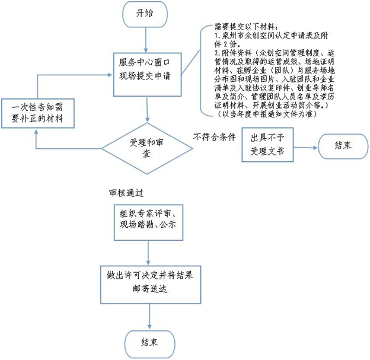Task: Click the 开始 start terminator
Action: tap(145, 14)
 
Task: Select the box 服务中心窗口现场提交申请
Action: tap(147, 74)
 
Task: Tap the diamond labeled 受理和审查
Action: tap(147, 148)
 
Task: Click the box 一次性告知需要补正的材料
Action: tap(38, 113)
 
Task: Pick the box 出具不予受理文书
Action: tap(267, 145)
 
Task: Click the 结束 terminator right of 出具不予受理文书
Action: tap(343, 146)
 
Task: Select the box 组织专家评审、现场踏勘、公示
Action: tap(148, 222)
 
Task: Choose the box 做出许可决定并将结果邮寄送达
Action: tap(151, 285)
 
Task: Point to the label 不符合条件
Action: tap(215, 137)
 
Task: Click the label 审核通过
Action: tap(126, 193)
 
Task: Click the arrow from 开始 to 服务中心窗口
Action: tap(146, 40)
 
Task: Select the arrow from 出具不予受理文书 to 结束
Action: tap(306, 148)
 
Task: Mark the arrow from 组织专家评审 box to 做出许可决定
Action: tap(148, 253)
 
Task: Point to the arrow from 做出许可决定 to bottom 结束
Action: tap(149, 316)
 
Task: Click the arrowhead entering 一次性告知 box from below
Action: tap(36, 131)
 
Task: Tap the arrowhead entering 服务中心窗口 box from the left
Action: tap(110, 75)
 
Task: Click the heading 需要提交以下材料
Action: tap(247, 27)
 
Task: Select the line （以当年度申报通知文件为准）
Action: tap(267, 114)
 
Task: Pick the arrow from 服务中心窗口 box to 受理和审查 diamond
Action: tap(147, 110)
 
